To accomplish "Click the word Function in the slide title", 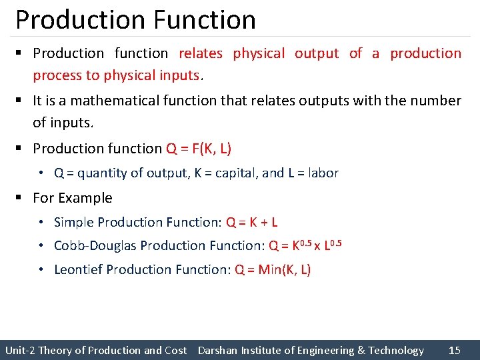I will click(x=204, y=20).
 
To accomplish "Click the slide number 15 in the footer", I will click(x=455, y=350).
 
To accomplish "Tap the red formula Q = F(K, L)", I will click(x=199, y=149).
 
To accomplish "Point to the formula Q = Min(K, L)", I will click(x=273, y=269).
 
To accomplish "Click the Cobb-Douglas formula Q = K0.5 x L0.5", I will click(x=305, y=245).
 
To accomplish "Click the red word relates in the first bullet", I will click(x=201, y=53).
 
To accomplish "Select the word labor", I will click(x=323, y=173).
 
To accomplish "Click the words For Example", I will click(x=73, y=198).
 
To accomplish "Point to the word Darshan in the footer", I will click(x=217, y=350).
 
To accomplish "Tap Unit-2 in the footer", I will click(x=20, y=350).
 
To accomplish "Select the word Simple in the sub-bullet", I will click(x=72, y=222).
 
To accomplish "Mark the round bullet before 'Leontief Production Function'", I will click(x=41, y=269).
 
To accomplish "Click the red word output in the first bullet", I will click(x=317, y=53).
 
